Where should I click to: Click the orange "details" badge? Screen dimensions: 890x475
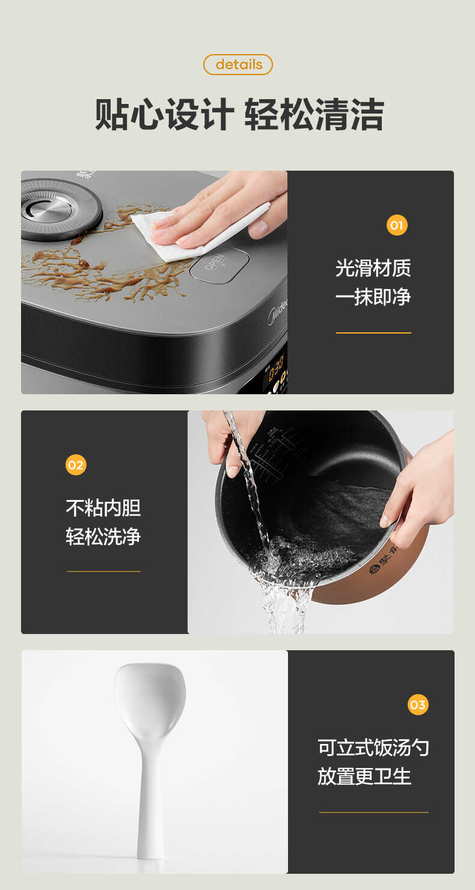(x=238, y=64)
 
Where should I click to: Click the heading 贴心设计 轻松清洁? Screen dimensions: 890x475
(x=239, y=115)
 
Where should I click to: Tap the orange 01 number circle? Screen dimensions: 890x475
(x=397, y=225)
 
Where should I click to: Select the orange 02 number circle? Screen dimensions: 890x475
(x=76, y=465)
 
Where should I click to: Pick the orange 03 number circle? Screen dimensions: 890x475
(x=418, y=704)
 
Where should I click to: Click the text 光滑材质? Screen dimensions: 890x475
(x=373, y=268)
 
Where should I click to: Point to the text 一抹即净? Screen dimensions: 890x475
(x=373, y=296)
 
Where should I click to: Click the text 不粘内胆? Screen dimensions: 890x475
(x=103, y=508)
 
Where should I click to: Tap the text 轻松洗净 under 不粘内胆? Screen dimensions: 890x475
(x=103, y=536)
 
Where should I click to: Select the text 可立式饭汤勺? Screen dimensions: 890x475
(x=373, y=748)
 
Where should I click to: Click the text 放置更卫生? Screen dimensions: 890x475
(x=364, y=776)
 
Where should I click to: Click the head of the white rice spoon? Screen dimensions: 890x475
(x=150, y=697)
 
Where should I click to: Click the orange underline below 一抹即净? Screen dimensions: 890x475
(x=373, y=332)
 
